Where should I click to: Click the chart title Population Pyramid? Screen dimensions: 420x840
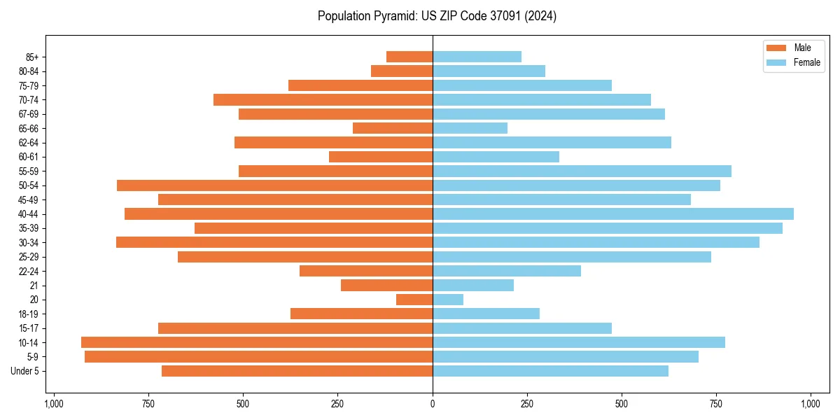[x=437, y=16]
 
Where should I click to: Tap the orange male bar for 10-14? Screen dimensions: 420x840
[x=257, y=342]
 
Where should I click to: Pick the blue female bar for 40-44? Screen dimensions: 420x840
[x=613, y=213]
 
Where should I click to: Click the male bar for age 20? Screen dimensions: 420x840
[x=414, y=300]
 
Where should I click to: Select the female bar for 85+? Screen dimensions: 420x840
[x=477, y=57]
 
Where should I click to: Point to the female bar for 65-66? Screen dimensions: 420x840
[x=470, y=128]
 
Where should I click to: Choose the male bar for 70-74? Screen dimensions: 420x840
[x=323, y=99]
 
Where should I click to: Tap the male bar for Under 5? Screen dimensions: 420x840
[x=297, y=371]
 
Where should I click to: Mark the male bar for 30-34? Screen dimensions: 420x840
[x=274, y=242]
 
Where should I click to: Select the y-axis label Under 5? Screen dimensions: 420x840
[x=24, y=371]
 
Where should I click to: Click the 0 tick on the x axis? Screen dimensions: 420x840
[x=433, y=405]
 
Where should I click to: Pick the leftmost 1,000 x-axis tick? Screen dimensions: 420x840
[x=54, y=405]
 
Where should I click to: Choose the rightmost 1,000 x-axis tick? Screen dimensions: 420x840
[x=811, y=405]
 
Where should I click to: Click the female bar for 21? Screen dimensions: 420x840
[x=473, y=285]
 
